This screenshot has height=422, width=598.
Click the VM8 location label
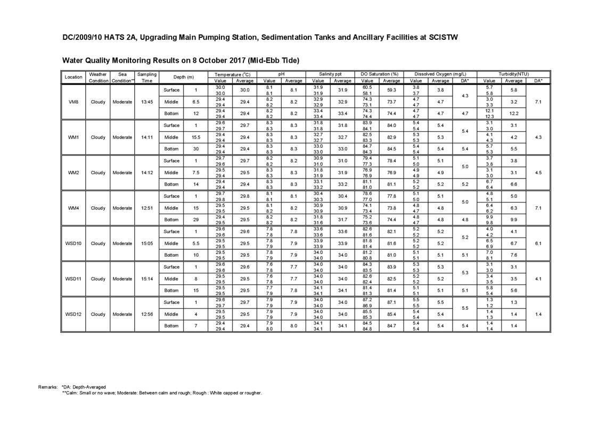point(73,102)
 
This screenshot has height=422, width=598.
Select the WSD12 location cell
point(73,314)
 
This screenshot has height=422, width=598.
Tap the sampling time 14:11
point(146,137)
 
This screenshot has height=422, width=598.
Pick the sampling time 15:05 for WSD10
point(146,243)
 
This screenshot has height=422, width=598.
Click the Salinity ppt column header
point(330,74)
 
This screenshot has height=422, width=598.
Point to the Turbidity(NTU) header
point(513,74)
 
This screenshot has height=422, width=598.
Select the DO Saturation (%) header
point(379,74)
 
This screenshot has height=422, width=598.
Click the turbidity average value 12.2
point(513,114)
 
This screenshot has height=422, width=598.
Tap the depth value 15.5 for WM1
point(196,137)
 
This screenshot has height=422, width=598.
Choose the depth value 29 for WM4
point(196,220)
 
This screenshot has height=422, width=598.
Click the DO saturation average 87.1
point(391,302)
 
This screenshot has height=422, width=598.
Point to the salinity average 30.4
point(342,196)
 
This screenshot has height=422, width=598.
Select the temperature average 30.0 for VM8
point(244,90)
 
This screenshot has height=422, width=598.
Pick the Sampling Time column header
point(146,77)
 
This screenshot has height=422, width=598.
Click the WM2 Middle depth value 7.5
point(196,173)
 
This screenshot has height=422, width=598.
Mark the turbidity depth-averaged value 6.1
point(538,243)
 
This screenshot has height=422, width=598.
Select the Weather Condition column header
point(98,77)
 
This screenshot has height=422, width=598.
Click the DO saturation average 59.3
point(391,90)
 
